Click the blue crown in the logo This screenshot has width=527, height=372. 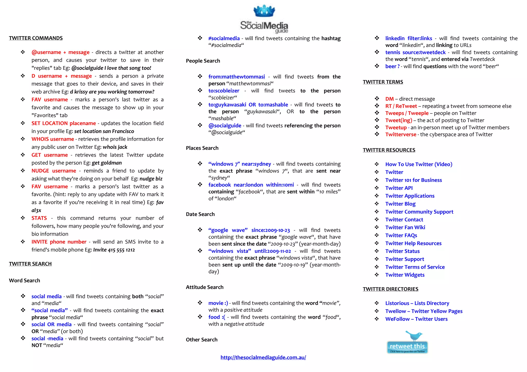[264, 11]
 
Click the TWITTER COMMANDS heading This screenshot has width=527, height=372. [36, 38]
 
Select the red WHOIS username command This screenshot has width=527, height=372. [53, 139]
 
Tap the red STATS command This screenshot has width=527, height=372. [39, 218]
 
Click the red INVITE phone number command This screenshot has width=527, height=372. [59, 242]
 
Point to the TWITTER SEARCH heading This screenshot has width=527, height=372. [30, 264]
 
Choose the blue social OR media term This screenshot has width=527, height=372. [51, 324]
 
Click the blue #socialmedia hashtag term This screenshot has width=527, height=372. [224, 39]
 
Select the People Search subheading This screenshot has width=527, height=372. [203, 61]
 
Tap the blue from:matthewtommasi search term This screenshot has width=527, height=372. [236, 77]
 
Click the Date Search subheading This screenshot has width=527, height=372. [200, 214]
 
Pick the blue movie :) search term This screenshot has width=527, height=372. [218, 303]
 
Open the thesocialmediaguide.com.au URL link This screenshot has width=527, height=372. [263, 357]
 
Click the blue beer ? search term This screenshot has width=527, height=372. [392, 66]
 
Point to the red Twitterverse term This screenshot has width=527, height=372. [401, 134]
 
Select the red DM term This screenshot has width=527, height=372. [389, 99]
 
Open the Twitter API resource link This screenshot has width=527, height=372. [399, 188]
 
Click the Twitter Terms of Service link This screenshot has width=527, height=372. [415, 267]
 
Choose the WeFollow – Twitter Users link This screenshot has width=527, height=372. [416, 319]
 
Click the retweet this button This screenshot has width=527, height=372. [407, 347]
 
